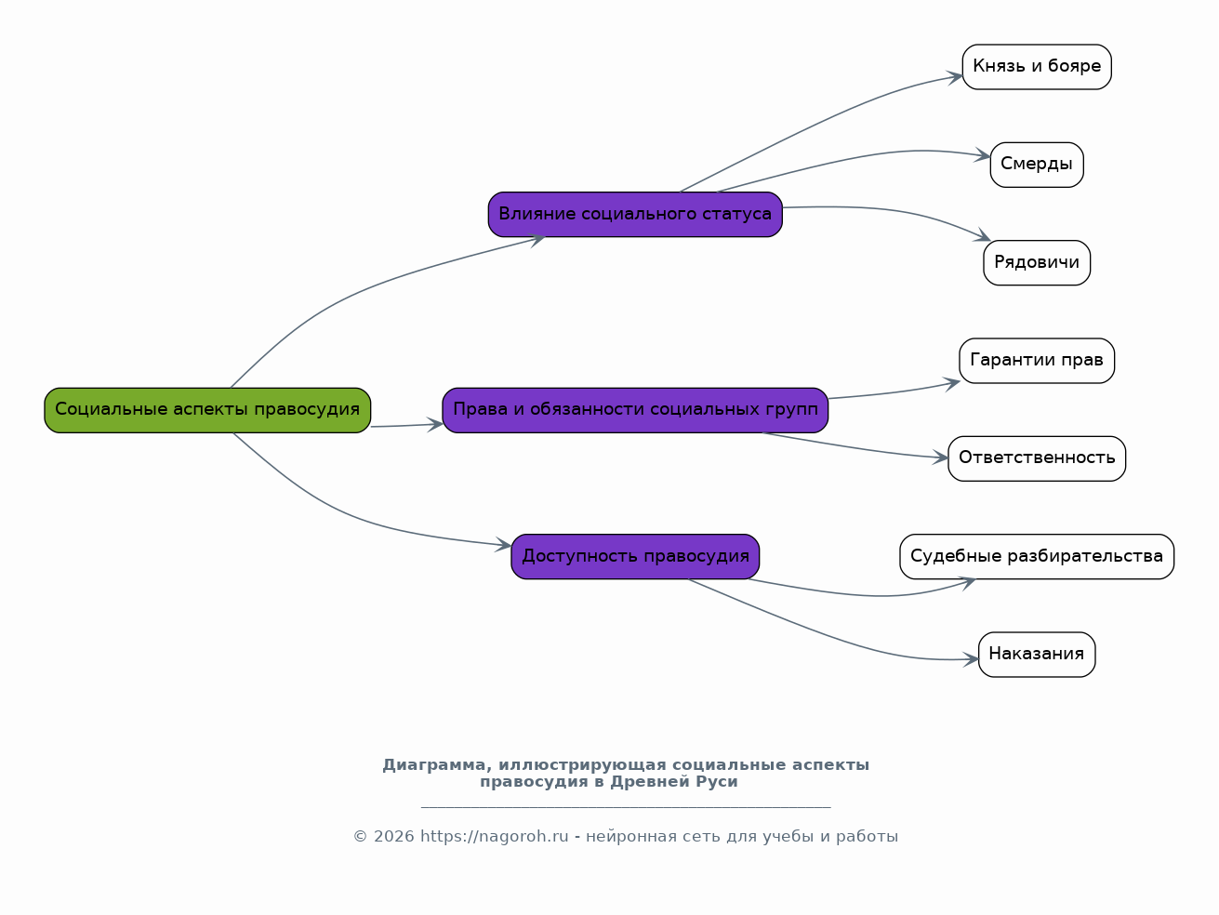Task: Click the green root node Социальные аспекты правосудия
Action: (x=207, y=410)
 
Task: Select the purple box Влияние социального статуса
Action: (x=635, y=214)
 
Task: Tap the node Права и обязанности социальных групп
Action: (x=635, y=410)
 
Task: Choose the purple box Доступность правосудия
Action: (x=635, y=556)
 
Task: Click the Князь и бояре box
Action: (x=1036, y=67)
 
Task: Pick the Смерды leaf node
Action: (x=1036, y=165)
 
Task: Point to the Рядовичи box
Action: (x=1036, y=262)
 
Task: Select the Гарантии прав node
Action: (x=1036, y=361)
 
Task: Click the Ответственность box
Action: (x=1036, y=458)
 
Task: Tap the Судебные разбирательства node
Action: (x=1036, y=556)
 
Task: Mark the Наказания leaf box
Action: (x=1036, y=655)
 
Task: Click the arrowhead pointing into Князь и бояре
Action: (x=955, y=77)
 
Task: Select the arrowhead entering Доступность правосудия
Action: (x=504, y=545)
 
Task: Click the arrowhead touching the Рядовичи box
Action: (x=984, y=235)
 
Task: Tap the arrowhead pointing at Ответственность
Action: (x=941, y=458)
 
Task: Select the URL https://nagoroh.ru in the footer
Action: (x=495, y=836)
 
